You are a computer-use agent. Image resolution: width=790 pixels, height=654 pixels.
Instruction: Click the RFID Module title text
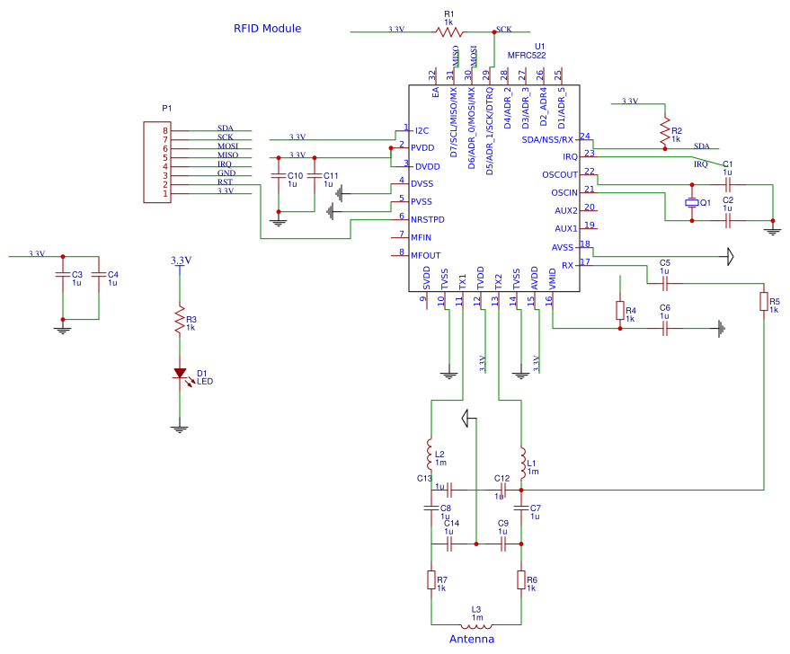267,29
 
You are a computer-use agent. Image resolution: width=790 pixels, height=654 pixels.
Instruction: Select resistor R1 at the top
449,31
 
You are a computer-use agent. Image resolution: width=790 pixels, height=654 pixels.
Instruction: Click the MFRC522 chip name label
526,56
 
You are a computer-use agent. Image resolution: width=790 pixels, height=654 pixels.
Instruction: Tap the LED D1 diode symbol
180,373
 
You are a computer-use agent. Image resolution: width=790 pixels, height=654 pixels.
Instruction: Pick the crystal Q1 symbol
691,203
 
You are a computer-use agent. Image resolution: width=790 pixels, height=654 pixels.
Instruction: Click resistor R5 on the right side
763,301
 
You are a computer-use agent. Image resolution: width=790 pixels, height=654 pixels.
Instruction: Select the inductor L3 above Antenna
476,625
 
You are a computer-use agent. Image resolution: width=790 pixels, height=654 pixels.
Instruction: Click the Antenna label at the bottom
471,640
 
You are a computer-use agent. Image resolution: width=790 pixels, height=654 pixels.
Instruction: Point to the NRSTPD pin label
427,220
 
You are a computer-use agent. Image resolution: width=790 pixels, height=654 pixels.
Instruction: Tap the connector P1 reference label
166,108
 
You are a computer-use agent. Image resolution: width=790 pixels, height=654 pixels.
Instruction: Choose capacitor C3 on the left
63,274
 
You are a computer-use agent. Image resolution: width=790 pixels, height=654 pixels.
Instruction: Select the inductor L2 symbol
431,449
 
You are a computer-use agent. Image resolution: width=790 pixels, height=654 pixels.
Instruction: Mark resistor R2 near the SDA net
665,131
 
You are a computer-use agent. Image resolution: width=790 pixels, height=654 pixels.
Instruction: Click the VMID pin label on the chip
552,278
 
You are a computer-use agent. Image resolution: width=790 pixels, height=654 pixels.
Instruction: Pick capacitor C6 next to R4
664,329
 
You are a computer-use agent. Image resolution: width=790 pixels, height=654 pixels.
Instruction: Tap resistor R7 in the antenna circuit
431,579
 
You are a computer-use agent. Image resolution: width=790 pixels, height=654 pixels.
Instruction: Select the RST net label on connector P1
225,182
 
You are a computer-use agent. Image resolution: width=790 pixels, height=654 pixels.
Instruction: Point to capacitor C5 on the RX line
664,283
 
